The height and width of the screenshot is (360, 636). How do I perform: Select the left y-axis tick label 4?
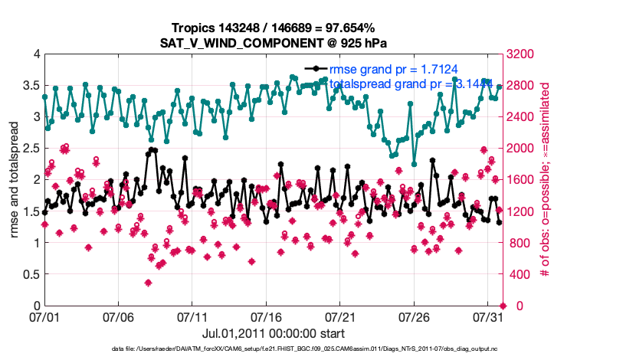coord(36,54)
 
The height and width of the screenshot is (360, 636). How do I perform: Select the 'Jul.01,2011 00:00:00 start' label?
coord(273,333)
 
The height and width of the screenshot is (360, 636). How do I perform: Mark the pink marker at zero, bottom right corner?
coord(502,306)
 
